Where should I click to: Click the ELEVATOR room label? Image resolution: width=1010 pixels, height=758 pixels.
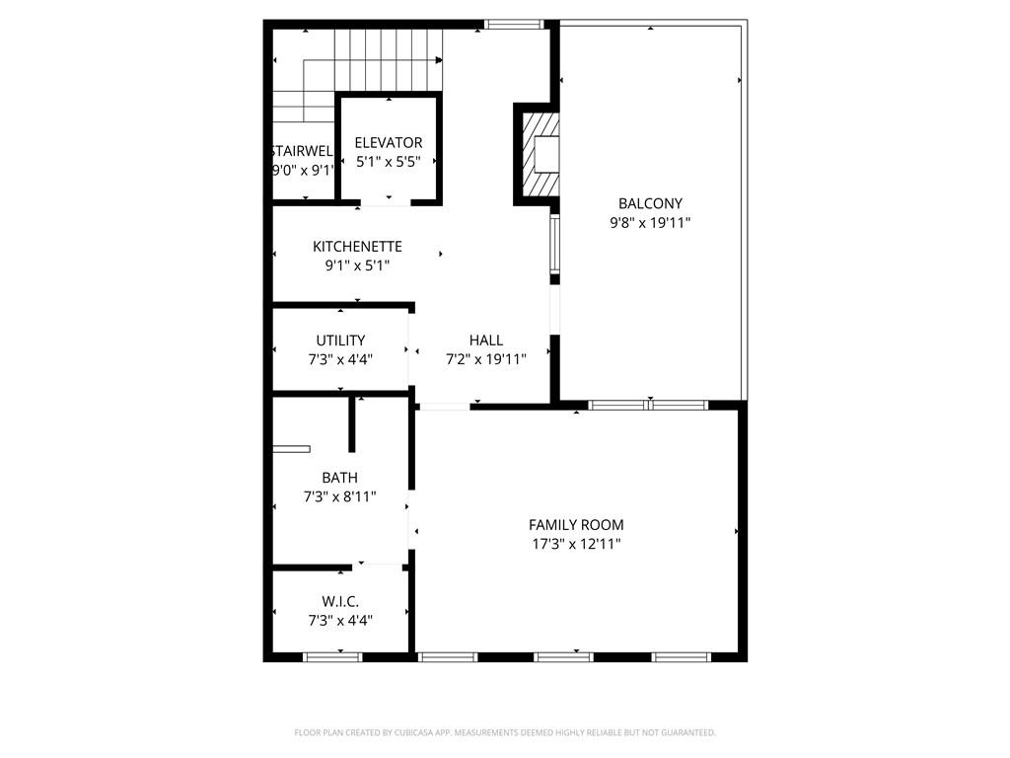[x=389, y=143]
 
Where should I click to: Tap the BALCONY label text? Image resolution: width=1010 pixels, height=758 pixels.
[x=650, y=204]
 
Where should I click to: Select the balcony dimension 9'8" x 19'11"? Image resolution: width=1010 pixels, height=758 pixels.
[x=650, y=223]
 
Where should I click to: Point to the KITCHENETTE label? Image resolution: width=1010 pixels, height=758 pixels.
[x=357, y=247]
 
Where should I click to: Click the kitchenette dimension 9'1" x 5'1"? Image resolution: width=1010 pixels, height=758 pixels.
[x=357, y=265]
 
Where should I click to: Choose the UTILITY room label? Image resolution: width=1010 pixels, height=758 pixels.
[x=340, y=341]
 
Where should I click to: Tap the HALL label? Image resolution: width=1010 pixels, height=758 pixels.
[x=486, y=341]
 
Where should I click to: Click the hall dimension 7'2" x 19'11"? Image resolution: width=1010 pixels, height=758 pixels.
[x=486, y=359]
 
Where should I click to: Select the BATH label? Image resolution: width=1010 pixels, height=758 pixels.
[x=339, y=479]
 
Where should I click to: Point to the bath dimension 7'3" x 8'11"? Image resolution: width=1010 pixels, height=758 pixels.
[x=339, y=497]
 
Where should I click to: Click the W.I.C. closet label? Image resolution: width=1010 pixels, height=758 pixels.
[x=340, y=601]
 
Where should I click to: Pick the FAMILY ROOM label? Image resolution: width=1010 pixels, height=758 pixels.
[x=576, y=525]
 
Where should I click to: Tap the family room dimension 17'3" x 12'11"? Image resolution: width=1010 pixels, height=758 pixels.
[x=576, y=544]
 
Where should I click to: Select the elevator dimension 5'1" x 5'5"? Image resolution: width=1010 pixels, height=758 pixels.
[x=389, y=162]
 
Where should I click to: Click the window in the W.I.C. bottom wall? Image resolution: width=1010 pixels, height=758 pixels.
[x=332, y=656]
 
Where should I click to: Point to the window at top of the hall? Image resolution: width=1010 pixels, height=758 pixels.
[x=515, y=25]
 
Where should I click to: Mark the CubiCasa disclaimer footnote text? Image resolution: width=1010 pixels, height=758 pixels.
[x=505, y=732]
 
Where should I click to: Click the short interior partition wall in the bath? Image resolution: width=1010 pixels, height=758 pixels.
[x=352, y=423]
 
